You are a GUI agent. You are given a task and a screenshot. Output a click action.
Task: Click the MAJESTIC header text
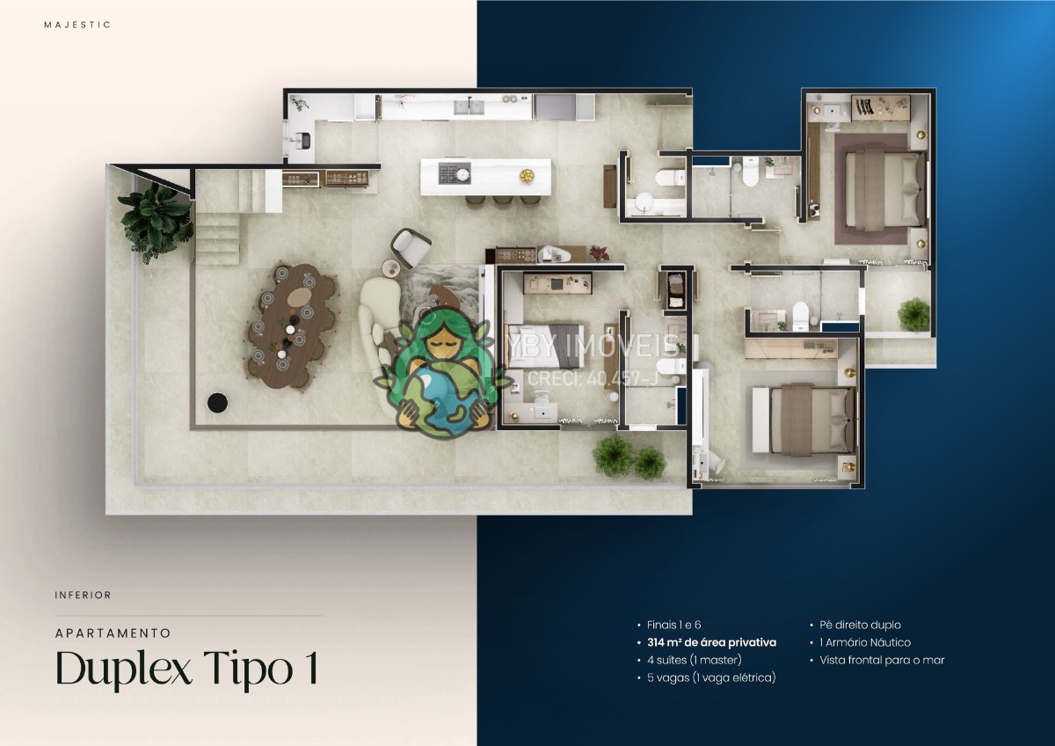77,25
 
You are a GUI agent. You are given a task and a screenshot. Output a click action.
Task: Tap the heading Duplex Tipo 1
187,668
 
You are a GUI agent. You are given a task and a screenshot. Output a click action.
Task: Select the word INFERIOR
83,596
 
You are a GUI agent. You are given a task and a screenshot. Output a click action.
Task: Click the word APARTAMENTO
113,633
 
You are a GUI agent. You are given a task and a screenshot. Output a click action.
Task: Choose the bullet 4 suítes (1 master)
695,660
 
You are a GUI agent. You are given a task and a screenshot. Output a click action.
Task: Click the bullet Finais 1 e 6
674,625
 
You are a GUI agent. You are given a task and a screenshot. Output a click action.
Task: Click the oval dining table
293,325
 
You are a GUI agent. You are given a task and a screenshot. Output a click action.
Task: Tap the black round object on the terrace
218,403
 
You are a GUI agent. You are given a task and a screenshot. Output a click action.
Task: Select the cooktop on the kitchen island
455,173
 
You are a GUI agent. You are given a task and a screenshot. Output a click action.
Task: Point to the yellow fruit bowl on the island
527,176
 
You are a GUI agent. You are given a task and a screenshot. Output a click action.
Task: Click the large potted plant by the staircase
156,222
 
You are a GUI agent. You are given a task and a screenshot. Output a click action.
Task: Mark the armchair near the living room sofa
411,247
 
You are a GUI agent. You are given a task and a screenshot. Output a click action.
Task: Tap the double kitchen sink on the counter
469,106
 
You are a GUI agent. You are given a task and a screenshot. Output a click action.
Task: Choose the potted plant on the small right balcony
914,314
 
